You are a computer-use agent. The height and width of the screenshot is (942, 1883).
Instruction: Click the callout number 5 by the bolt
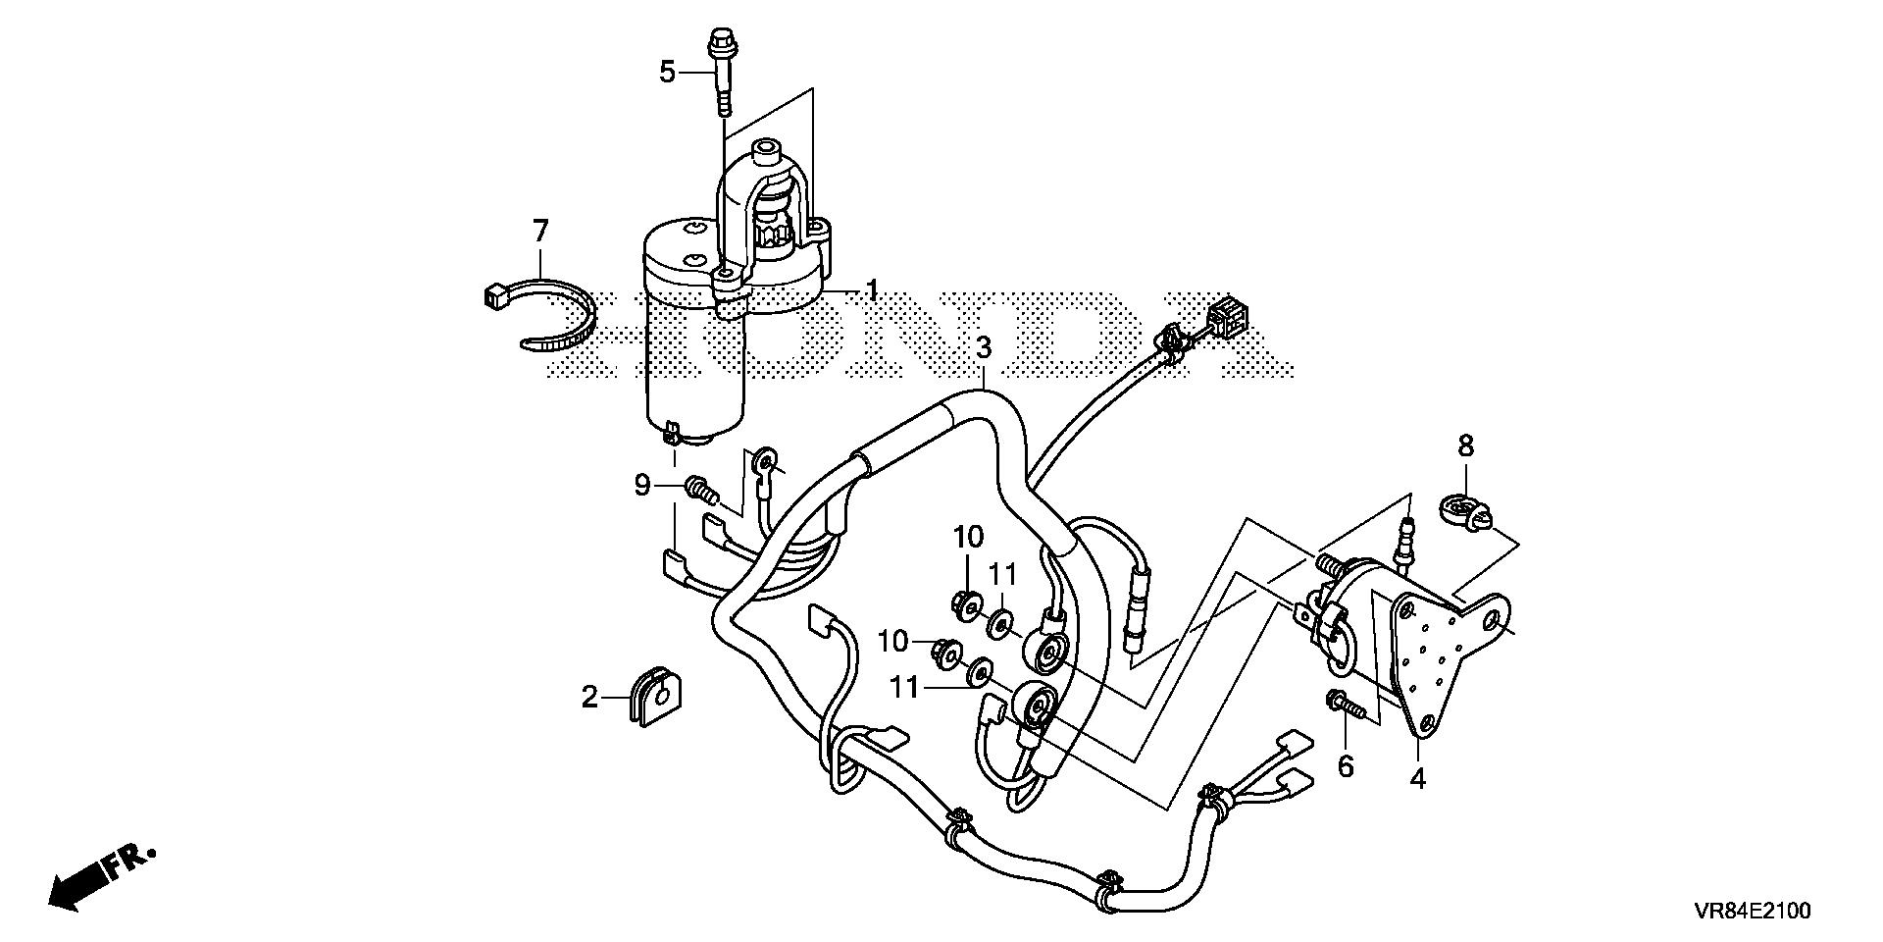pos(667,72)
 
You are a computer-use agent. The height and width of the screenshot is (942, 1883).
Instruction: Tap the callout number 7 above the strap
pos(539,232)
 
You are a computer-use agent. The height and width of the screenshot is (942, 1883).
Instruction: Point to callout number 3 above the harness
pos(983,346)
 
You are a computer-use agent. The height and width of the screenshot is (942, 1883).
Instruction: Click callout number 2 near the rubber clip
pos(588,698)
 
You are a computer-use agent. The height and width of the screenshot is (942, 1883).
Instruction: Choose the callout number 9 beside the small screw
pos(642,485)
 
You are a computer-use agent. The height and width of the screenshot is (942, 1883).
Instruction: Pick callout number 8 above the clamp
pos(1465,446)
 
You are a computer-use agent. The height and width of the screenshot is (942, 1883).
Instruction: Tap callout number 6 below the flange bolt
pos(1346,766)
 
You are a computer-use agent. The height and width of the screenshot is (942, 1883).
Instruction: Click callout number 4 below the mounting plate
pos(1418,780)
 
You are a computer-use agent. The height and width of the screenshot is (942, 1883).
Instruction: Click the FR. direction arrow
pos(98,877)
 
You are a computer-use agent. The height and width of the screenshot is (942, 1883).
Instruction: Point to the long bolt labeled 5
pos(722,74)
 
